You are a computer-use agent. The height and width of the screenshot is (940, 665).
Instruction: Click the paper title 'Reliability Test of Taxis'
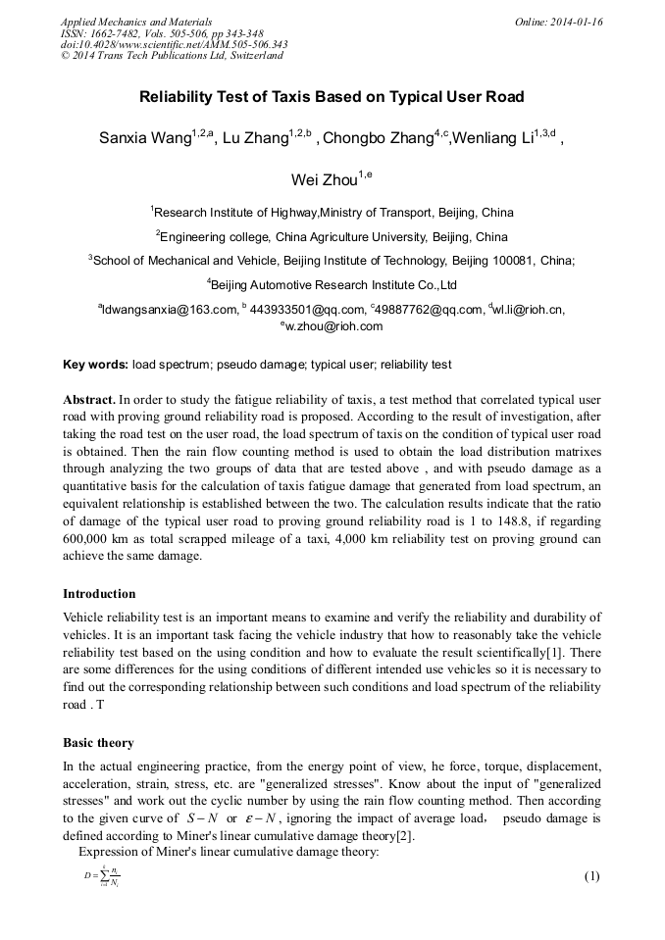click(332, 97)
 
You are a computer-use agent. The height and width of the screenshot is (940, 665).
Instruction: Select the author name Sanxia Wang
click(145, 138)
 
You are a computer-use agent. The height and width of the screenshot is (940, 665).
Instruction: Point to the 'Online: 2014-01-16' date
click(558, 21)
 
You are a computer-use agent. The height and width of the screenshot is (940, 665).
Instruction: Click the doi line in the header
click(174, 44)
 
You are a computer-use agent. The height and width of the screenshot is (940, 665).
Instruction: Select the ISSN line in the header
click(162, 32)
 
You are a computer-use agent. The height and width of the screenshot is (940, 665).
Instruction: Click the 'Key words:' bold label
click(95, 365)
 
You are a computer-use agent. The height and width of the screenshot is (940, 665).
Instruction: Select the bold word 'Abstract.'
click(88, 400)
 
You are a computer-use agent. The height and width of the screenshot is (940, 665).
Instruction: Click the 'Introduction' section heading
click(99, 593)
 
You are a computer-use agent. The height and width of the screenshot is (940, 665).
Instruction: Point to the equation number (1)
click(590, 875)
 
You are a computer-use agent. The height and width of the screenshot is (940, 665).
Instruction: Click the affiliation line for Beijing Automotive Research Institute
click(332, 285)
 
